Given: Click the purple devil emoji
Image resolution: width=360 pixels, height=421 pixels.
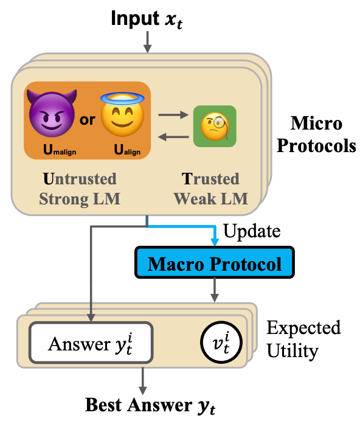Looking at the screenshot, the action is pyautogui.click(x=52, y=113).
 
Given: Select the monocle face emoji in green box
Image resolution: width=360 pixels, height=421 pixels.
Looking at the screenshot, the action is pyautogui.click(x=215, y=126).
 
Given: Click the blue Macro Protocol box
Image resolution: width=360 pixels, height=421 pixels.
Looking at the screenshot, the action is pyautogui.click(x=215, y=262).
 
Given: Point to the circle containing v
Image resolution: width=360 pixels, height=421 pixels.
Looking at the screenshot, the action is pyautogui.click(x=221, y=343).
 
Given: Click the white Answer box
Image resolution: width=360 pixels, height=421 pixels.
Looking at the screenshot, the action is pyautogui.click(x=91, y=343).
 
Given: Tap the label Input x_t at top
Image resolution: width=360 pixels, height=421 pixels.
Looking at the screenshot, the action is pyautogui.click(x=147, y=19).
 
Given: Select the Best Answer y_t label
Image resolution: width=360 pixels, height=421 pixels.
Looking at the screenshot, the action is pyautogui.click(x=150, y=405).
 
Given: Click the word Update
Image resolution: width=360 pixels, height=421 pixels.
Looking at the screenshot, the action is pyautogui.click(x=252, y=231).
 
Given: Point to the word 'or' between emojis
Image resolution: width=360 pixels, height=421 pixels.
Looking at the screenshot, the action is pyautogui.click(x=88, y=120).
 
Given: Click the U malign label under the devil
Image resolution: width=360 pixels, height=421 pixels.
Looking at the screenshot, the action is pyautogui.click(x=60, y=150).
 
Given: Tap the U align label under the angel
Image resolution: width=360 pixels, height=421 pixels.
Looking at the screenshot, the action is pyautogui.click(x=127, y=150).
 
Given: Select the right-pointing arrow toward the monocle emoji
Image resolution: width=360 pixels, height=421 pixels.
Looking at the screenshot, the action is pyautogui.click(x=173, y=115).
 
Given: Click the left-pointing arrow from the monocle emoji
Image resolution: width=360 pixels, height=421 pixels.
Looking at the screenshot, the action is pyautogui.click(x=173, y=137).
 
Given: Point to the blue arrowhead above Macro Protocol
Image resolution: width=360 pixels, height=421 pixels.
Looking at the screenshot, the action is pyautogui.click(x=215, y=241).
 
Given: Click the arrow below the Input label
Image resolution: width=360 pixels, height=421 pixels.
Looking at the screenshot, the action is pyautogui.click(x=147, y=42).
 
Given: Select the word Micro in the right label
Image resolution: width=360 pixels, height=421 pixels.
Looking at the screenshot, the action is pyautogui.click(x=316, y=124).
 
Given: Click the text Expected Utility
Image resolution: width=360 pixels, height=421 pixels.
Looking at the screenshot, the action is pyautogui.click(x=303, y=339).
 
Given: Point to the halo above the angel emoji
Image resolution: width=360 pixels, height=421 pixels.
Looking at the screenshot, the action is pyautogui.click(x=122, y=99).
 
